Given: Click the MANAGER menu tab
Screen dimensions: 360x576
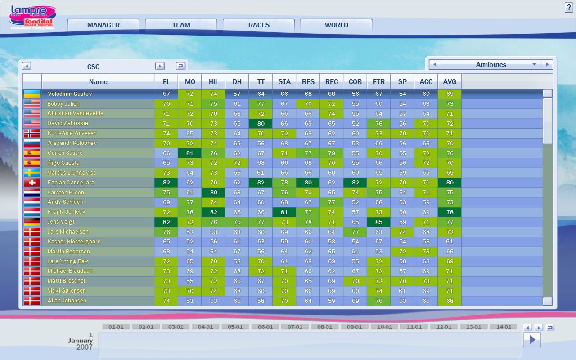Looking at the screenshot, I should (x=103, y=25).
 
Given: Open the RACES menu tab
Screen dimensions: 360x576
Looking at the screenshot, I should (x=259, y=25).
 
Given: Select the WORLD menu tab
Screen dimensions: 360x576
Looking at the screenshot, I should (x=336, y=25).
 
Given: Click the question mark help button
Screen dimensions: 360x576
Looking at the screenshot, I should (x=568, y=8).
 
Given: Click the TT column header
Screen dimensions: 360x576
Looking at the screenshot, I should (x=261, y=81).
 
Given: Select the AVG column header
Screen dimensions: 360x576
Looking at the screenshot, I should (x=449, y=81).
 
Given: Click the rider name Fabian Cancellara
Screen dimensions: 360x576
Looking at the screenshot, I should (x=71, y=183).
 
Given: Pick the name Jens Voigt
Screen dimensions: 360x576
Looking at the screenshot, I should (x=61, y=222).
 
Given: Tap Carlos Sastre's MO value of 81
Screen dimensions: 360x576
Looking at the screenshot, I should (x=190, y=153).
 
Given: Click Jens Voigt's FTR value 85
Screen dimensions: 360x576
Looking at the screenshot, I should (x=378, y=222).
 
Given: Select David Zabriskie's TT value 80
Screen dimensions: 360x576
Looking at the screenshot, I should (x=261, y=123).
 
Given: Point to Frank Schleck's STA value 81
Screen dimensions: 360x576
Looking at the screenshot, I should (x=284, y=212).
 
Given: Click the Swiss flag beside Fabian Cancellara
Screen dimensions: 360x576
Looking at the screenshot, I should (x=32, y=183).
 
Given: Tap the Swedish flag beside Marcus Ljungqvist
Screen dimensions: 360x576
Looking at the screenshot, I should (x=32, y=173).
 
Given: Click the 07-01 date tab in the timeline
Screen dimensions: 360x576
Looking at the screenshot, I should (x=295, y=327).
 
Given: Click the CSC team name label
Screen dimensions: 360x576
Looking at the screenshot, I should (x=93, y=67).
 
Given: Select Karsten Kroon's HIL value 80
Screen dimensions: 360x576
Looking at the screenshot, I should (x=213, y=193).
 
